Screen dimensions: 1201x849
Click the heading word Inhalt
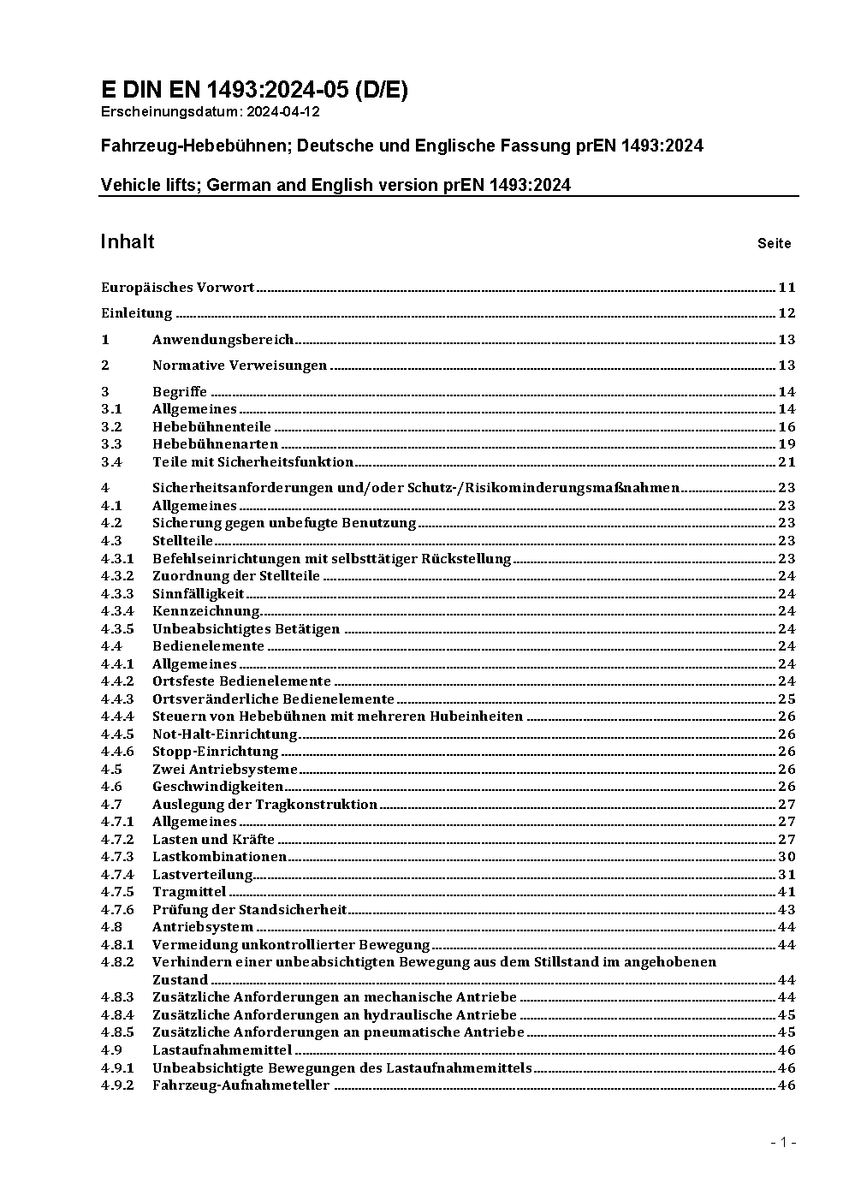(x=128, y=241)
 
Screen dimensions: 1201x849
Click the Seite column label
(x=774, y=244)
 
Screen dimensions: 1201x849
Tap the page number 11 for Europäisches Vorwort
(x=787, y=288)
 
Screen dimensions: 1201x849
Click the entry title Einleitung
(x=136, y=313)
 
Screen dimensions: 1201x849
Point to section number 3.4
(x=111, y=462)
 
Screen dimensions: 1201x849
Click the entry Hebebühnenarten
(x=215, y=444)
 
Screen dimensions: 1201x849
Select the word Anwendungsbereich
(x=223, y=340)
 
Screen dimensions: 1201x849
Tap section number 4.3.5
(x=117, y=629)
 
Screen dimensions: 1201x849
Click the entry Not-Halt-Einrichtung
(x=224, y=734)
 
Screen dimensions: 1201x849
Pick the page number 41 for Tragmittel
(x=787, y=892)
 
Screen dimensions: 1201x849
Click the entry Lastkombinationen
(x=219, y=857)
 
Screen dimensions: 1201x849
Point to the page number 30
(x=787, y=857)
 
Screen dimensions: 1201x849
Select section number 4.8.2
(x=117, y=962)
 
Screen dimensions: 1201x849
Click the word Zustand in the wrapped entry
(x=180, y=980)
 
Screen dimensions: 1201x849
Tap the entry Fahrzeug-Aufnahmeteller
(x=240, y=1085)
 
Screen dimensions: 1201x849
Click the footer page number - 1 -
(x=783, y=1143)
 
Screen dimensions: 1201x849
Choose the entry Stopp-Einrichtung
(x=215, y=752)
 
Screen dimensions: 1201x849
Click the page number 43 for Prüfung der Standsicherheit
(x=787, y=910)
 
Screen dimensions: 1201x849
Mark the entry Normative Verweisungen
(x=240, y=366)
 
